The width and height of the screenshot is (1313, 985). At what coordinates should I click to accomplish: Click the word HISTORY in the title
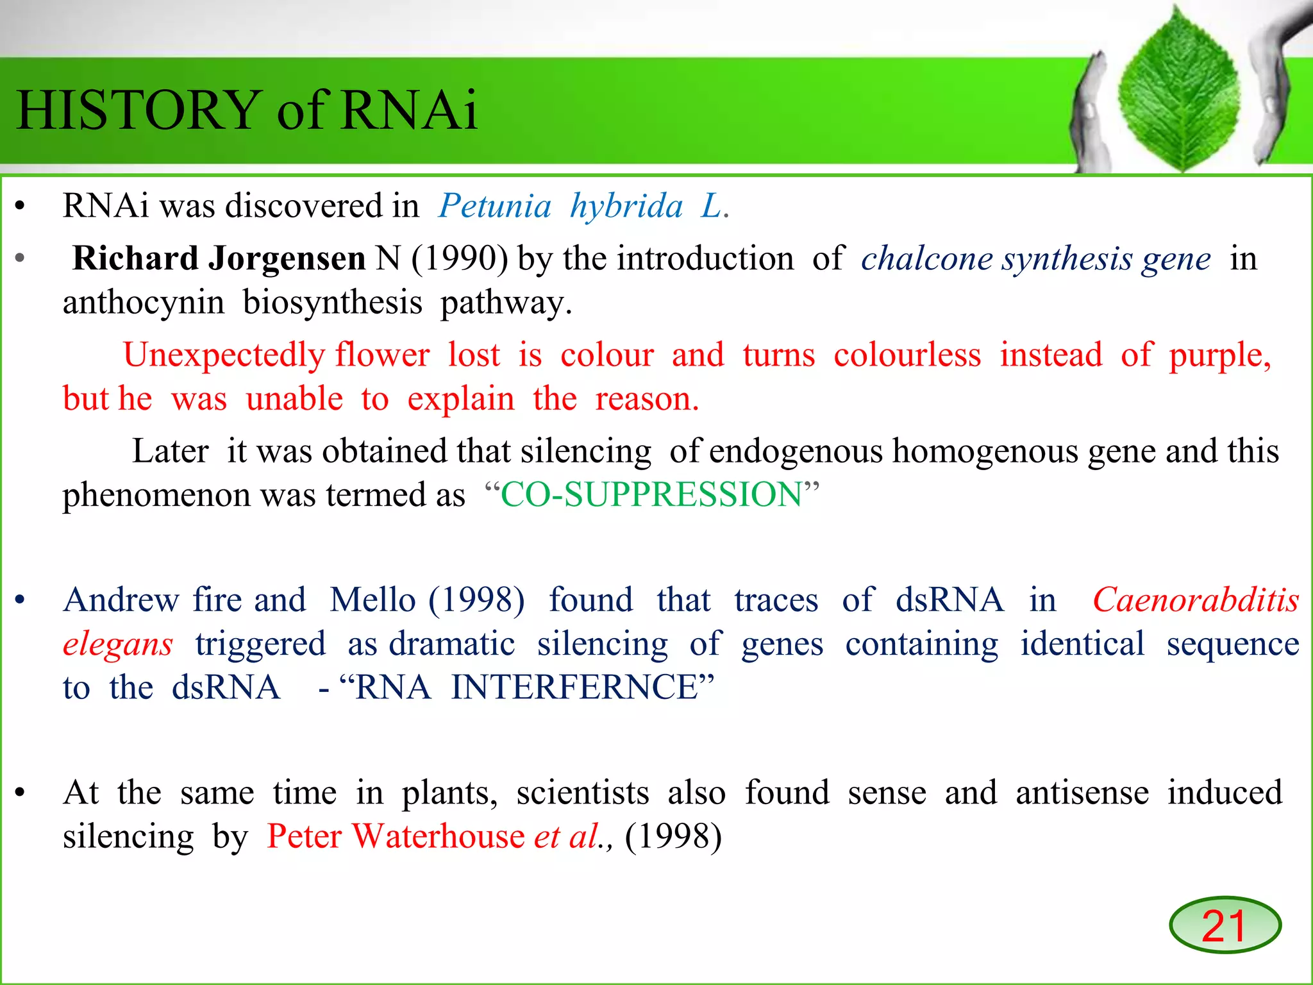click(137, 110)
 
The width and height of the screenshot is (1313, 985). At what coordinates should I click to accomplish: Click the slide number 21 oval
click(1225, 925)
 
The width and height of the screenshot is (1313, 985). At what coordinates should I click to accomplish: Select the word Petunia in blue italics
click(494, 206)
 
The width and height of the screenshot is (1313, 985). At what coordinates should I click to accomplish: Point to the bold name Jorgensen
click(287, 259)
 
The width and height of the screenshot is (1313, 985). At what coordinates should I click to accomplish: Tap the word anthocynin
click(144, 303)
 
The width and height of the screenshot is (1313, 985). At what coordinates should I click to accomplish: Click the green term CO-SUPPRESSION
click(651, 495)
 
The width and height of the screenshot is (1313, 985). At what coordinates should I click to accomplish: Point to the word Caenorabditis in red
click(1196, 600)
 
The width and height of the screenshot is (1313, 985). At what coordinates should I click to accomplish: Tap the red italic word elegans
click(118, 644)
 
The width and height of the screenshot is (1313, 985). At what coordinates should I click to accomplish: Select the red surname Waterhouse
click(439, 837)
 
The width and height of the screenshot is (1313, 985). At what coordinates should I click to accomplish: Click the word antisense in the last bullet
click(1082, 793)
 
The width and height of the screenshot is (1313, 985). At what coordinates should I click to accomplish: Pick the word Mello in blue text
click(372, 600)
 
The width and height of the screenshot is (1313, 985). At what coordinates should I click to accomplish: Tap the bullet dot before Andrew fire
click(21, 600)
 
